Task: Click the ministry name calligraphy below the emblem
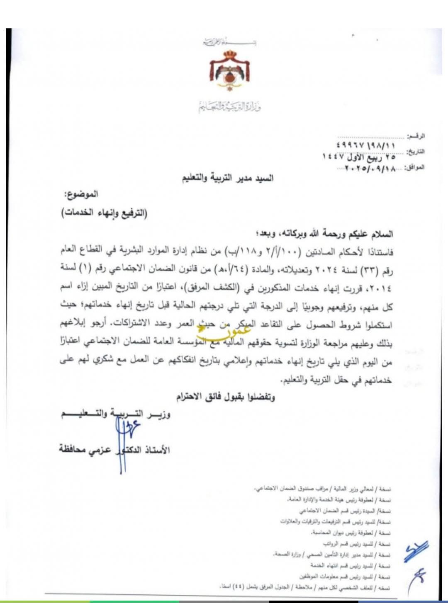(x=229, y=107)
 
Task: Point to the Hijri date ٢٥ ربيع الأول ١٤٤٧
(x=359, y=157)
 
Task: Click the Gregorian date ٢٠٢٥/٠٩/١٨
(x=369, y=168)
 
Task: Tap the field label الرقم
(x=416, y=136)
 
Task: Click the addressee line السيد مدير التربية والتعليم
(x=228, y=179)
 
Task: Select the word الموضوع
(x=81, y=194)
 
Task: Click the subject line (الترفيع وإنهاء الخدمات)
(x=105, y=213)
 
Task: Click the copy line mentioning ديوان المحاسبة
(x=350, y=533)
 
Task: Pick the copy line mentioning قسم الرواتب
(x=356, y=543)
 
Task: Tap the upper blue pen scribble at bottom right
(x=416, y=551)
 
